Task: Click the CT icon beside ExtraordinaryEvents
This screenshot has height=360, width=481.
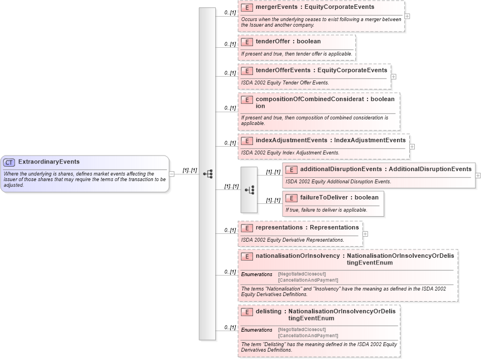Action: tap(9, 162)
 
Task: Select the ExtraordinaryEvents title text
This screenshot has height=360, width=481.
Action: tap(49, 162)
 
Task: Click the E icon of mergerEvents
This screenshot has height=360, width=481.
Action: tap(247, 8)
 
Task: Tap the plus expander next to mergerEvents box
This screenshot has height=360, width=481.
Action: tap(408, 16)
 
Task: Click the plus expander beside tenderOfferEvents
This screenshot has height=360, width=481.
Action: tap(394, 77)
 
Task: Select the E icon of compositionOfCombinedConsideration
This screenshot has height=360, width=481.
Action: tap(247, 100)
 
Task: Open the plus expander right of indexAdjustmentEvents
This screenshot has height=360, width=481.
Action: tap(412, 147)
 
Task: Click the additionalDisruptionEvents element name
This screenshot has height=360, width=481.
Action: tap(341, 169)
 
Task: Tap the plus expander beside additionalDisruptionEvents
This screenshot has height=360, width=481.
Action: tap(478, 175)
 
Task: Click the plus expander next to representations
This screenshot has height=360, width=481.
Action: tap(365, 234)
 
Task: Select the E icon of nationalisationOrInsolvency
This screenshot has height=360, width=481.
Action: tap(247, 257)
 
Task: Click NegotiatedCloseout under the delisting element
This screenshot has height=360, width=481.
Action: tap(302, 329)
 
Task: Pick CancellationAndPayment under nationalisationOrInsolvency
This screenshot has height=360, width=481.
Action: tap(308, 280)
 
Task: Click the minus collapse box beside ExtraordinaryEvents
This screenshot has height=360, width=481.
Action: tap(172, 174)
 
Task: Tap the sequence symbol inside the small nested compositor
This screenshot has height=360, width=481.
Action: tap(249, 189)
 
